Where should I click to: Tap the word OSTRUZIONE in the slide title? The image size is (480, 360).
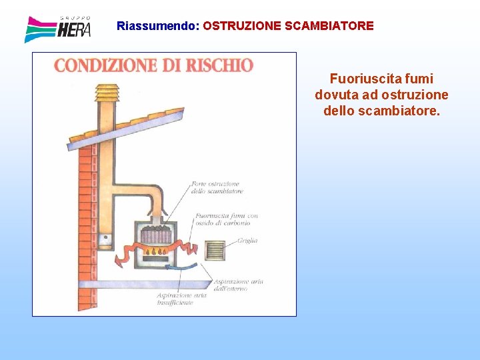(x=242, y=27)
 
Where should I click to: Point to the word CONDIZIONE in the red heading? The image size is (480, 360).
(x=104, y=65)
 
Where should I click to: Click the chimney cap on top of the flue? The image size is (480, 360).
(x=105, y=91)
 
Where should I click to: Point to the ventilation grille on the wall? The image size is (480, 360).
(x=215, y=250)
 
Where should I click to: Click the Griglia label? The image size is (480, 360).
(x=246, y=241)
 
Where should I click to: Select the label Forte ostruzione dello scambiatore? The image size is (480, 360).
(x=217, y=187)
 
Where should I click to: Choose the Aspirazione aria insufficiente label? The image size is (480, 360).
(x=175, y=299)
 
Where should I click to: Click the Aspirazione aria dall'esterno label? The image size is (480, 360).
(x=238, y=285)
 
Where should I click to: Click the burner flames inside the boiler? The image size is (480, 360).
(x=157, y=251)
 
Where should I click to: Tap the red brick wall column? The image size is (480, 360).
(x=87, y=200)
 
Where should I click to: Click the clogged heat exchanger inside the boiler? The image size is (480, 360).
(x=157, y=235)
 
